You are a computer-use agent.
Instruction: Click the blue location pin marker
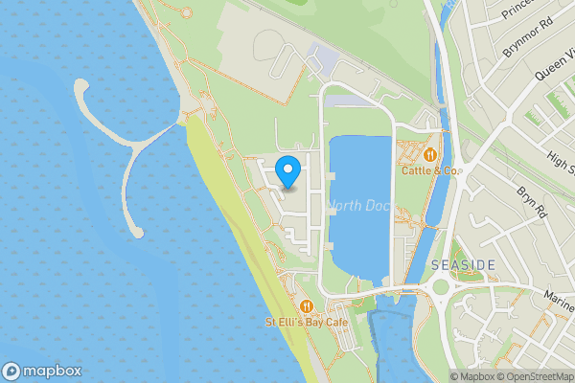tap(288, 172)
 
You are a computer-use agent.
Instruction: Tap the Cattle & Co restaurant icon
tap(430, 153)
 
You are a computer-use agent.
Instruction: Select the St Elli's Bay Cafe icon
tap(306, 306)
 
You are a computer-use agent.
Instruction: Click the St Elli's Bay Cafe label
tap(306, 323)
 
